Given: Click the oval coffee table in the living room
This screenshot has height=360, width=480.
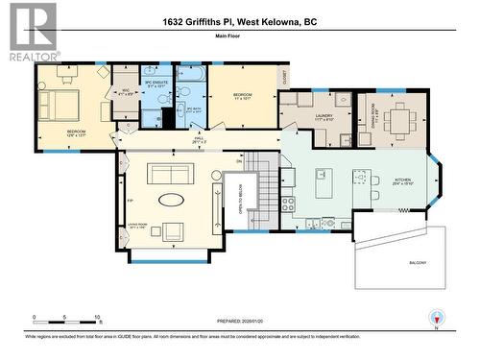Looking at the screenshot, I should (172, 201).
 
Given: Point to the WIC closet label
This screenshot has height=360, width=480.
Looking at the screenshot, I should (123, 93).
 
